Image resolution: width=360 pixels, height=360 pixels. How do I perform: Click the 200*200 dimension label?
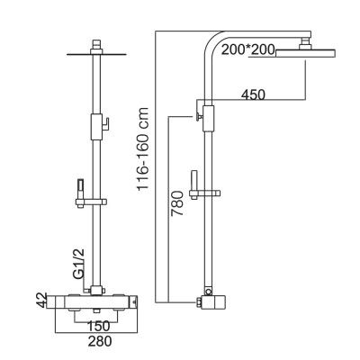click(x=247, y=49)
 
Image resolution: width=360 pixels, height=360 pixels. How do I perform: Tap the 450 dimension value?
click(x=254, y=94)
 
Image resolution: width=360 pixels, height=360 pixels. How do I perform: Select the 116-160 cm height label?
click(x=143, y=149)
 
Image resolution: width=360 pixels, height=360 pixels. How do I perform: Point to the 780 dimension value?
click(x=177, y=203)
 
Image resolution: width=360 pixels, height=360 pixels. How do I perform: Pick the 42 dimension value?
click(x=42, y=300)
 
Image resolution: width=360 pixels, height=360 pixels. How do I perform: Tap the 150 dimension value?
click(x=98, y=326)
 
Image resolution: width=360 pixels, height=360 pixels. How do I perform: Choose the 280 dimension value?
click(x=100, y=341)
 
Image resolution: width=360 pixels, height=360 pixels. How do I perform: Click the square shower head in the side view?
click(x=305, y=53)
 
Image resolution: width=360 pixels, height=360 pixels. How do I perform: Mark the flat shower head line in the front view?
click(x=96, y=55)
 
